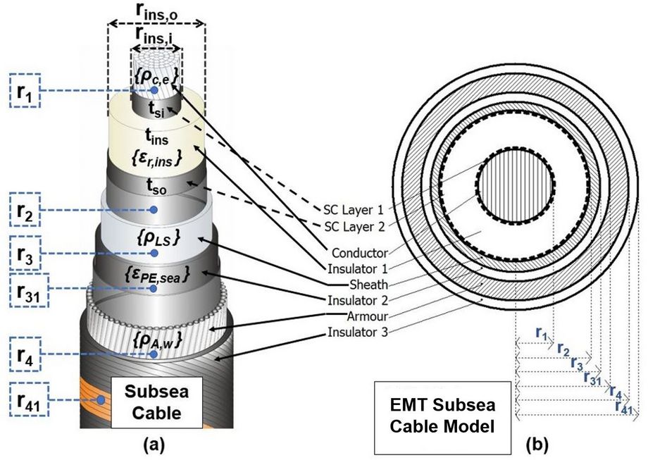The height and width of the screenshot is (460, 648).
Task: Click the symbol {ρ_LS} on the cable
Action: (x=155, y=237)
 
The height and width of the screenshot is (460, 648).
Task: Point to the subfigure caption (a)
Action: (x=154, y=446)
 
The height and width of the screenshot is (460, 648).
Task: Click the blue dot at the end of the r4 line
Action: (x=154, y=354)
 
